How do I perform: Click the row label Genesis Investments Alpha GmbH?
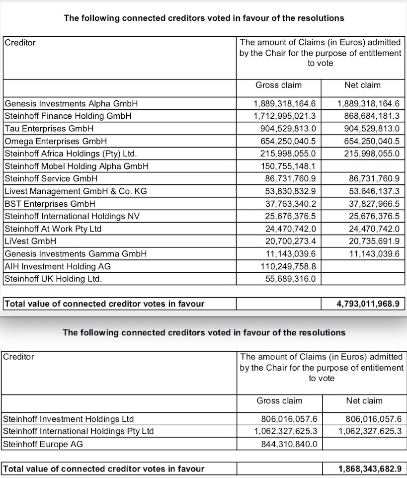[x=71, y=104]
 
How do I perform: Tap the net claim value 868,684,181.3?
[x=368, y=116]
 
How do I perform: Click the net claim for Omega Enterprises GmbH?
[x=368, y=141]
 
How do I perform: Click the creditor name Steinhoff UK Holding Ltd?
[x=53, y=279]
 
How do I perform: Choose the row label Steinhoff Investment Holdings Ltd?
[x=69, y=419]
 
